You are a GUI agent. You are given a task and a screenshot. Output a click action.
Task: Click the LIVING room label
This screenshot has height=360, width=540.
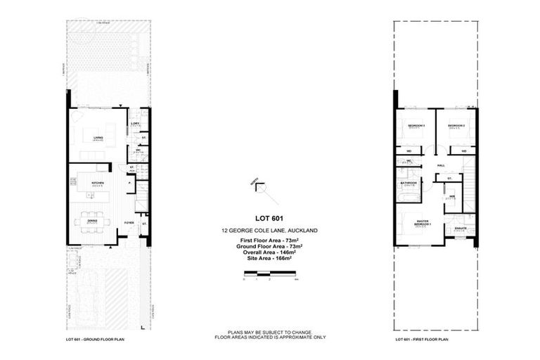click(x=98, y=137)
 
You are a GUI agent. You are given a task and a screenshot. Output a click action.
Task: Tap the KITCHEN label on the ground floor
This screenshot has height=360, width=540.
click(x=98, y=182)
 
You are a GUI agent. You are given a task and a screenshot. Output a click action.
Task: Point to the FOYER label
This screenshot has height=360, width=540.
click(x=129, y=223)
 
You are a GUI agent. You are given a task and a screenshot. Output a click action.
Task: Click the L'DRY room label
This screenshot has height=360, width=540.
click(x=136, y=124)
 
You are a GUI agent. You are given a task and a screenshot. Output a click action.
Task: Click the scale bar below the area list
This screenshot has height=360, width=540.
click(x=270, y=273)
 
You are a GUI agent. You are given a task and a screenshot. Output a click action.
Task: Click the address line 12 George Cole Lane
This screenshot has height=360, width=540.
click(x=269, y=231)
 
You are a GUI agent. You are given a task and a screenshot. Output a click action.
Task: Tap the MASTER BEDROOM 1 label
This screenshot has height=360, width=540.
click(x=423, y=222)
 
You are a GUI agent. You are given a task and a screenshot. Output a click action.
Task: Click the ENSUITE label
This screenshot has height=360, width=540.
click(x=461, y=228)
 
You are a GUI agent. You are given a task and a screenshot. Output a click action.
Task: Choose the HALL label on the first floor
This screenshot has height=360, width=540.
click(x=441, y=165)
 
